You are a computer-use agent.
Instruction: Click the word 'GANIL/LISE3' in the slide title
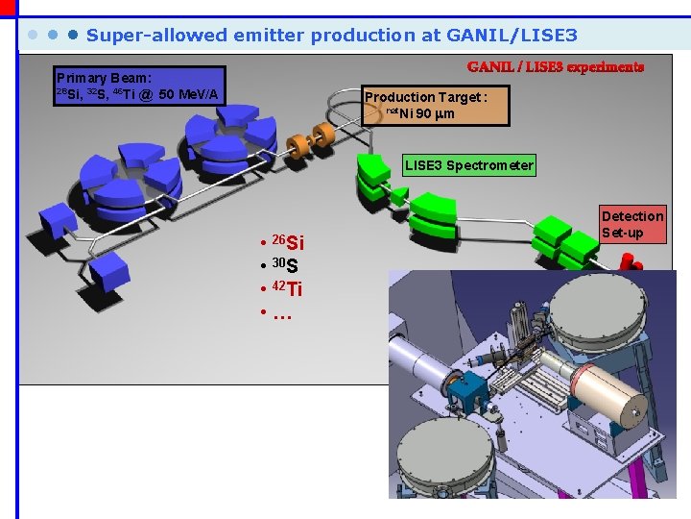(512, 36)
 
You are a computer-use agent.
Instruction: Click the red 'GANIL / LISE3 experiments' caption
(556, 67)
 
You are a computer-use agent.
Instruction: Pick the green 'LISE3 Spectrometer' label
(468, 165)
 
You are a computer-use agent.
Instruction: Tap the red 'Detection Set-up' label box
(631, 224)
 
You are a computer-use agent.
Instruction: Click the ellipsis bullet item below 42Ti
(281, 313)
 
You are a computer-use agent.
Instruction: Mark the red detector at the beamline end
(630, 260)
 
